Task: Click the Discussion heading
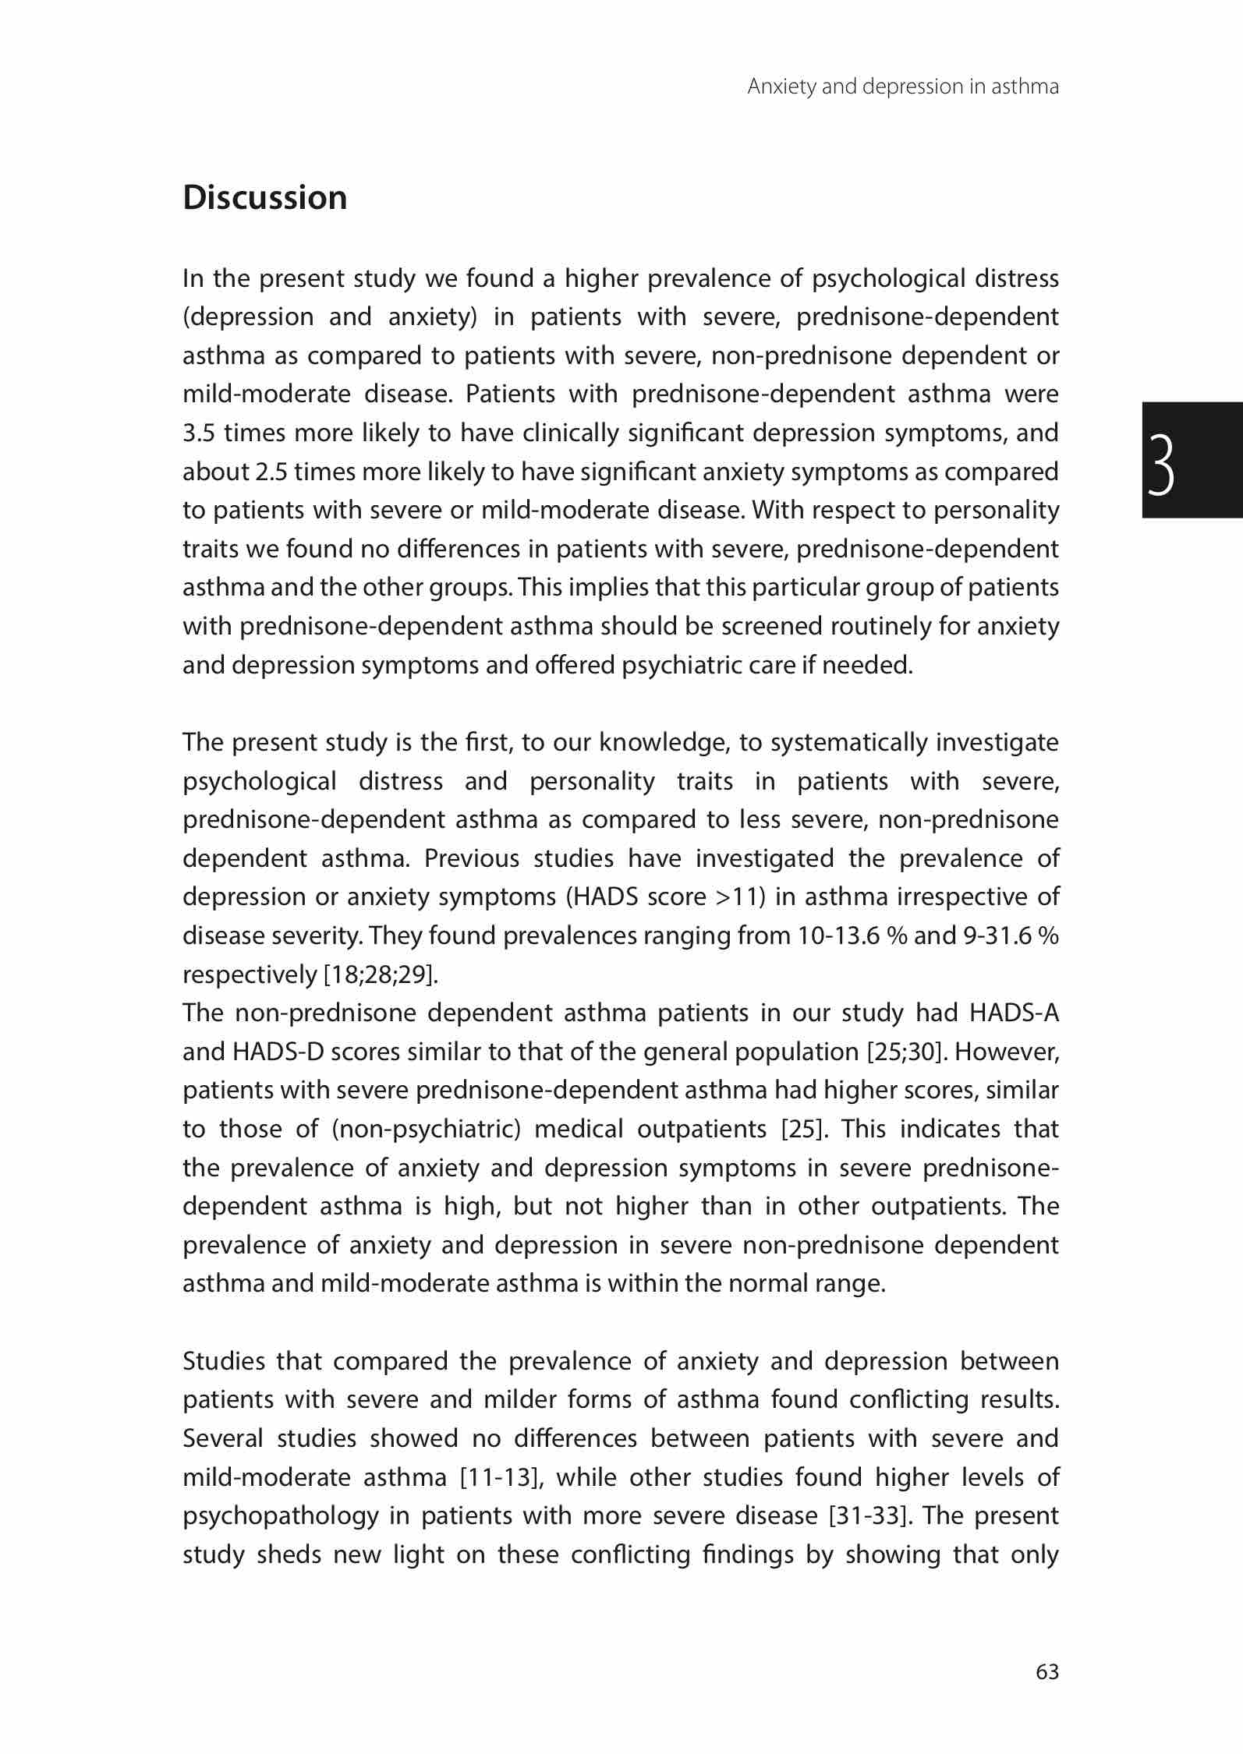264,198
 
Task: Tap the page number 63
1047,1671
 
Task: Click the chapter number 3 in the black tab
1160,465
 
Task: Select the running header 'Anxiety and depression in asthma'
902,87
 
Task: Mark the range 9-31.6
997,936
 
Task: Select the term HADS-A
1014,1013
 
